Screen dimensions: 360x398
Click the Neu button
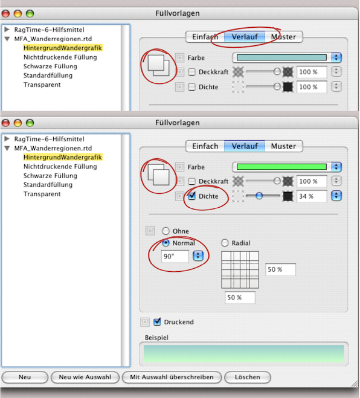tap(25, 377)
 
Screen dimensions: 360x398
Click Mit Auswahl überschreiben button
tap(172, 377)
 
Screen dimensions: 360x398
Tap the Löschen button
tap(248, 377)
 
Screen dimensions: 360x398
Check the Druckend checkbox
tap(157, 321)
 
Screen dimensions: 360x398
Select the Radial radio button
tap(225, 243)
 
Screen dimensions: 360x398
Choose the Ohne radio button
tap(166, 231)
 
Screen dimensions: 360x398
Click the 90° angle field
tap(175, 256)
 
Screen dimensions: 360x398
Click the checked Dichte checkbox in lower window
tap(192, 196)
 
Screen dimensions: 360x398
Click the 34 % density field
tap(312, 196)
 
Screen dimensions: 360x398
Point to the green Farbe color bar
tap(281, 167)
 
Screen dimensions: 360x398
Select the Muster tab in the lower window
tap(283, 146)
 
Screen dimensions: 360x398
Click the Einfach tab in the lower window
tap(205, 146)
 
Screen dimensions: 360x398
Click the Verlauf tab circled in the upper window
tap(245, 37)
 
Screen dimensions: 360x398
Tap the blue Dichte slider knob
tap(259, 196)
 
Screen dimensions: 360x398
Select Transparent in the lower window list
tap(42, 194)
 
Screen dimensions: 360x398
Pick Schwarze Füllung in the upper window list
tap(50, 66)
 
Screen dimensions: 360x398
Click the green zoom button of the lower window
tap(30, 123)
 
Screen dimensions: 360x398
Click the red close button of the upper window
tap(5, 14)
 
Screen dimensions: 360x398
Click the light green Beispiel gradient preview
tap(243, 353)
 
